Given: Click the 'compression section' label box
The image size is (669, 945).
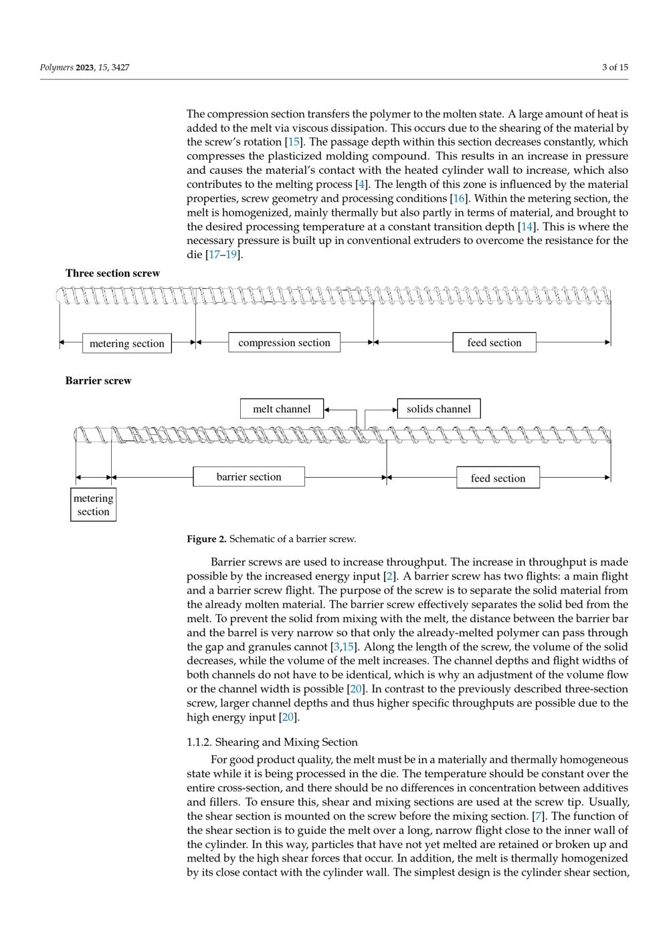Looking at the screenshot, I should click(284, 342).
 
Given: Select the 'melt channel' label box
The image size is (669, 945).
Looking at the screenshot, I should click(282, 409).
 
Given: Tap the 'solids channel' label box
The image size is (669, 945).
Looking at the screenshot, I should click(439, 409).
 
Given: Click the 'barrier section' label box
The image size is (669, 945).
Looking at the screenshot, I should click(249, 477).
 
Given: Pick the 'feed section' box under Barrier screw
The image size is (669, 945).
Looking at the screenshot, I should click(498, 478).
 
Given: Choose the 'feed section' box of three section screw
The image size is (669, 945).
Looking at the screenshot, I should click(494, 342).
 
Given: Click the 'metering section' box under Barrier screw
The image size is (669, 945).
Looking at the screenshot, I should click(93, 505).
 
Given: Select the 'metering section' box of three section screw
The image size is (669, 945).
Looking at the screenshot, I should click(127, 343).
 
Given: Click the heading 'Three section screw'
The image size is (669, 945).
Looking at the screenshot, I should click(112, 273).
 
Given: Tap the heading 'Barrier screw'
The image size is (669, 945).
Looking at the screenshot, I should click(98, 380).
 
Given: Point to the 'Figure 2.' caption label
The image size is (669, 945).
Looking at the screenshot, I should click(207, 539).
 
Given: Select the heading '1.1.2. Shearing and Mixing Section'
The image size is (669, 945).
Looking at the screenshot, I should click(272, 742).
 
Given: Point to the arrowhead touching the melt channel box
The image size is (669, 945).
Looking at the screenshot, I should click(327, 409).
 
